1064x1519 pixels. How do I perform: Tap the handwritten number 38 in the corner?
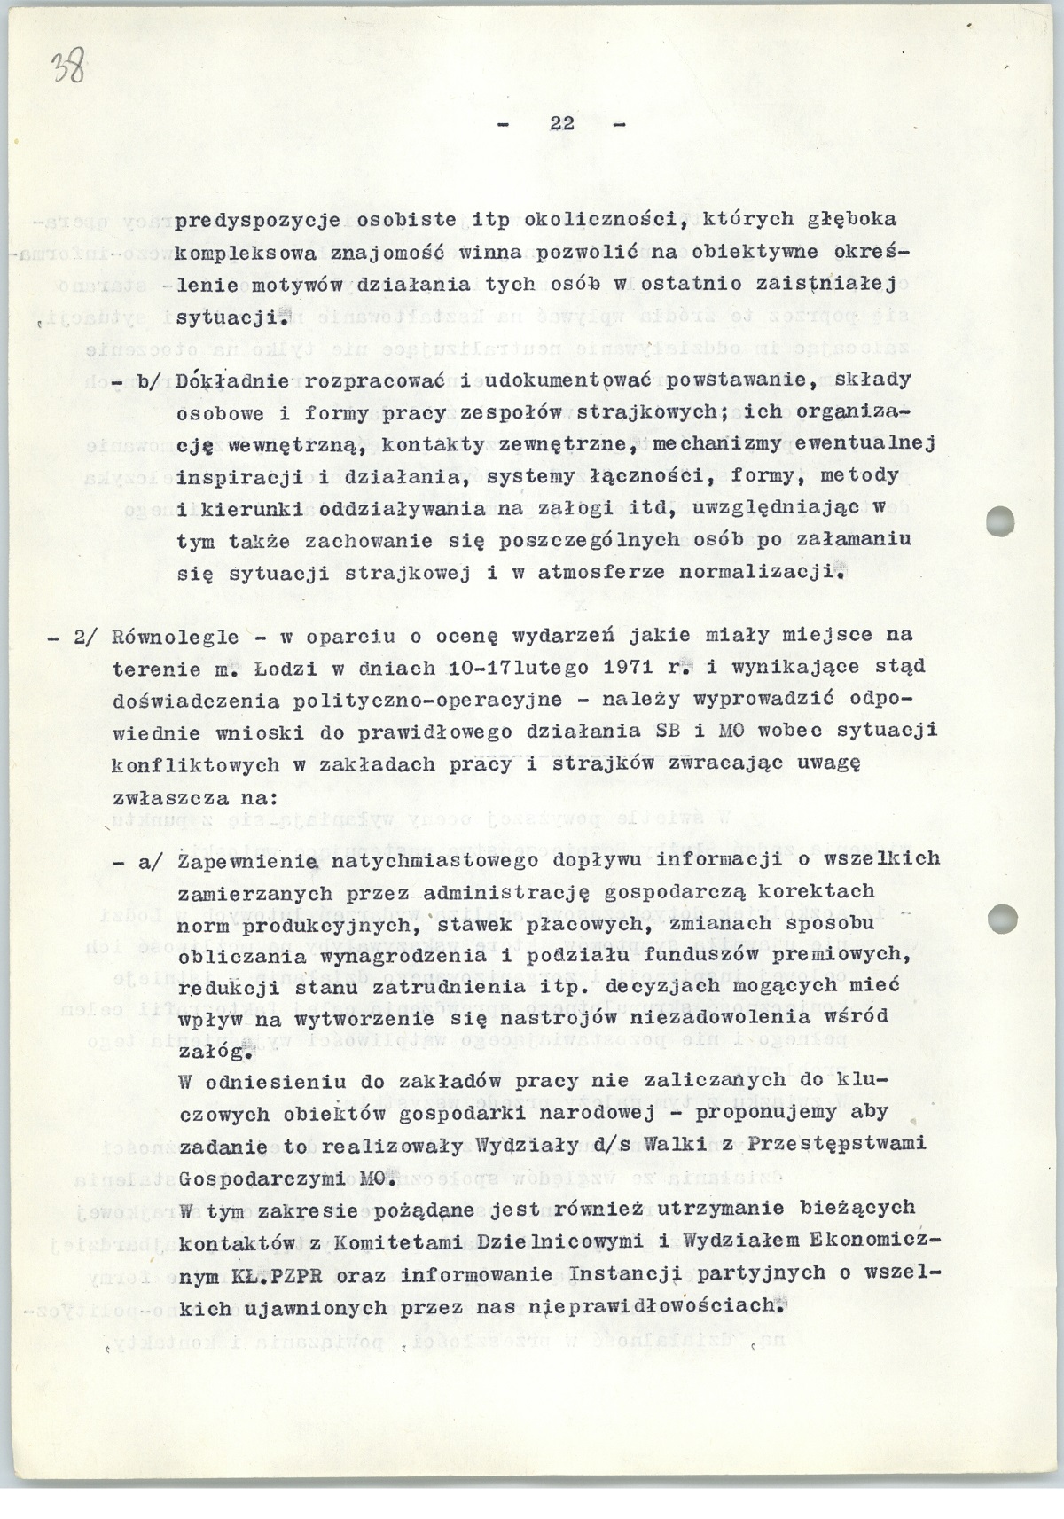[x=69, y=67]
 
